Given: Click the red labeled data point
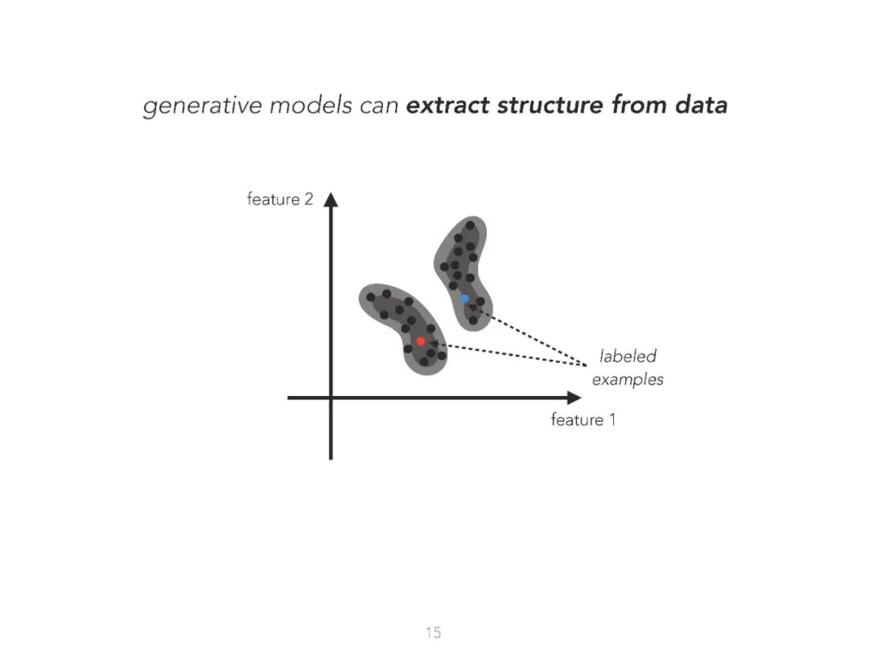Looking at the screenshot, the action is click(x=420, y=341).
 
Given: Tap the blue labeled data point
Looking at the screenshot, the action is click(x=464, y=299).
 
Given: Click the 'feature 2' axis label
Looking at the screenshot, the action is click(x=279, y=199).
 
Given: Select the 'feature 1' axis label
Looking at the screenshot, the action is click(x=583, y=419).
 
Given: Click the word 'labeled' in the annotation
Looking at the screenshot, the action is click(x=628, y=356).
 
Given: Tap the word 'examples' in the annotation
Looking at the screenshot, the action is click(x=628, y=379).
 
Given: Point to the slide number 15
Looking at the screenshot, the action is click(x=434, y=633).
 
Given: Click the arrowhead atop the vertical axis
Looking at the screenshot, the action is click(x=330, y=200).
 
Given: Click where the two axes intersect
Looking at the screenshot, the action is click(x=330, y=398).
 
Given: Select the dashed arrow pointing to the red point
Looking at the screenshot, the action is click(x=507, y=353).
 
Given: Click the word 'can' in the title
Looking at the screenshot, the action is click(x=379, y=105).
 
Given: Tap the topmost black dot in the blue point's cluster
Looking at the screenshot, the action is click(x=470, y=225).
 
